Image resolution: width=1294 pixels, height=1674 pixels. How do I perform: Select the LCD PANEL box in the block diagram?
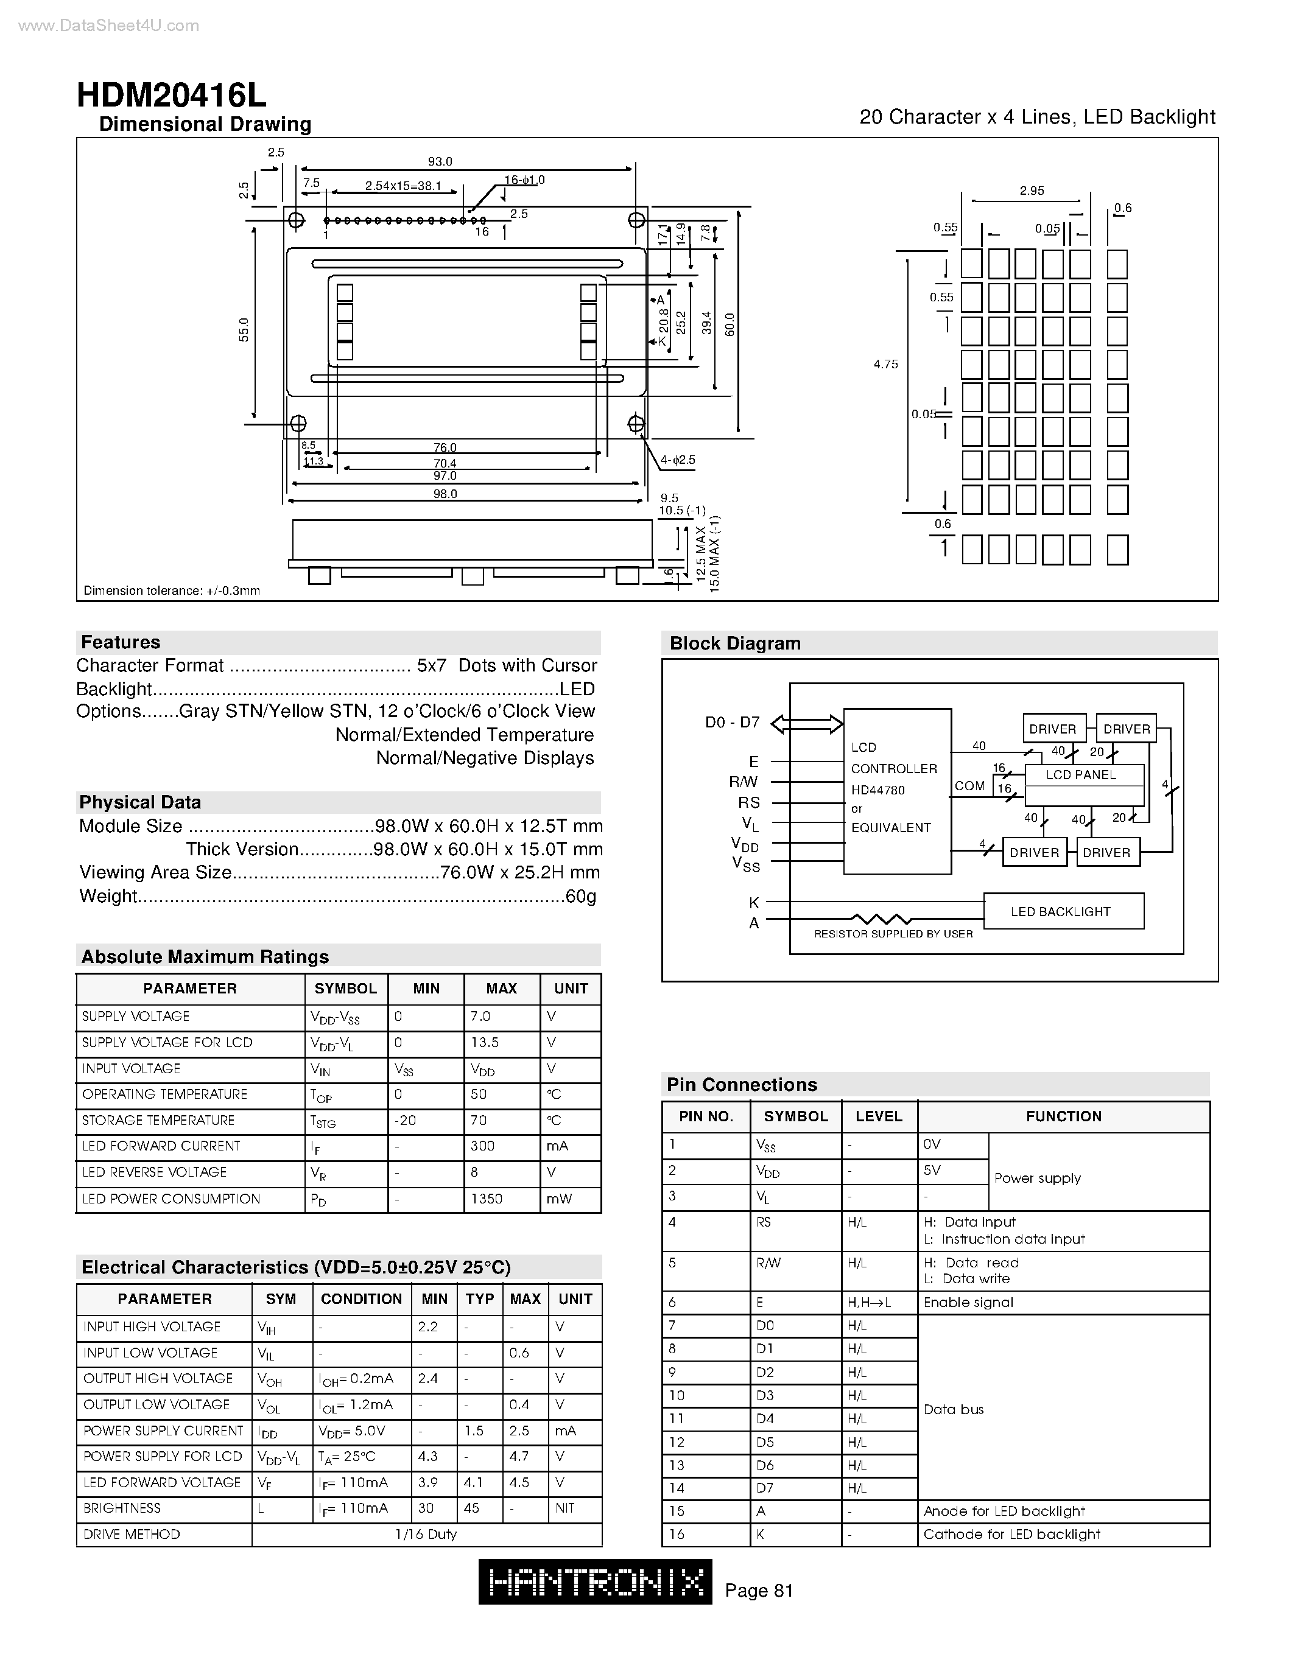click(1081, 776)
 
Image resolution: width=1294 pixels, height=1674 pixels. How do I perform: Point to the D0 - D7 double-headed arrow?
click(806, 724)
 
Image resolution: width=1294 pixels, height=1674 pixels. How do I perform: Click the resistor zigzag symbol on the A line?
click(882, 918)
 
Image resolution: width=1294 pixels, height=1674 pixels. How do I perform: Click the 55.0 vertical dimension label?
click(244, 329)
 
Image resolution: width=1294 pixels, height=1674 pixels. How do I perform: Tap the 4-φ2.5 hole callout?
click(678, 460)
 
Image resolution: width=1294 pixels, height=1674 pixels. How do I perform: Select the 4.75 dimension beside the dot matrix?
click(885, 365)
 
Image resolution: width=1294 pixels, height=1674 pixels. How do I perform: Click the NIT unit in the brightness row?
click(565, 1508)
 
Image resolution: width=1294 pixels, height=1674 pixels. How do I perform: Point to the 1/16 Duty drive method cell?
click(426, 1534)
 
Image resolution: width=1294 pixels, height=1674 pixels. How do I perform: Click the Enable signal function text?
click(968, 1302)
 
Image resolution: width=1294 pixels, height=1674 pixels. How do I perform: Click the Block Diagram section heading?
click(734, 643)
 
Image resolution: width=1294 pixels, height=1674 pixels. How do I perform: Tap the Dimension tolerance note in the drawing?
click(172, 590)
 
